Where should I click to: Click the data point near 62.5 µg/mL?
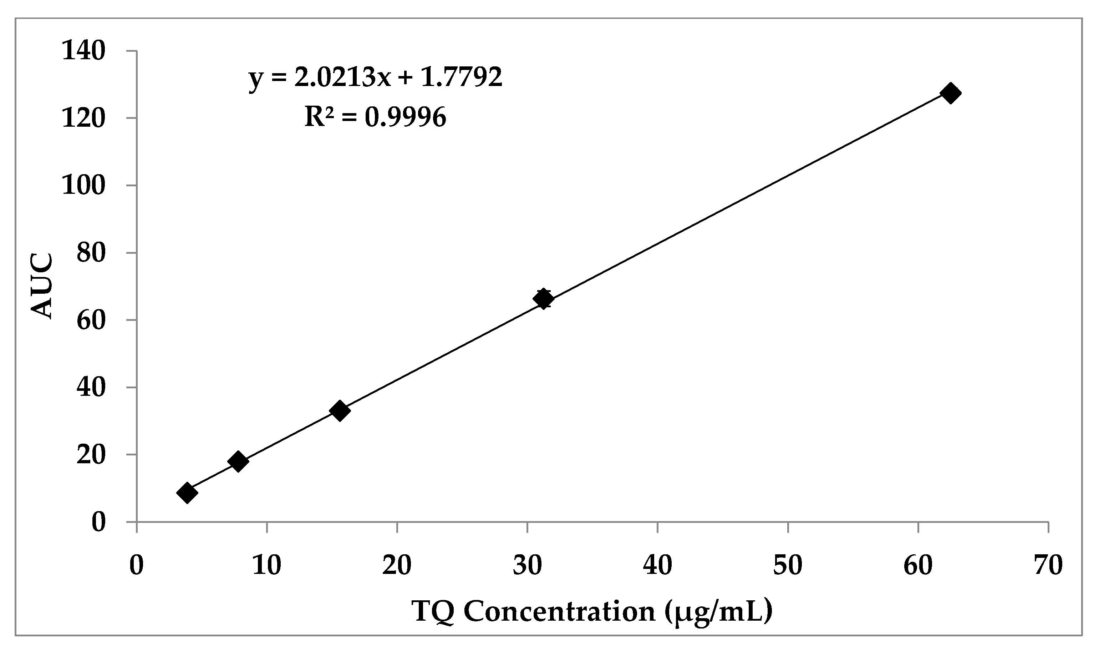coord(950,94)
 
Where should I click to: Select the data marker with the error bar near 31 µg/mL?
coord(543,299)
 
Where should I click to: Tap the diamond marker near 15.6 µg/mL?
coord(339,410)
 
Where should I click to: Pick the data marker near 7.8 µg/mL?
coord(238,461)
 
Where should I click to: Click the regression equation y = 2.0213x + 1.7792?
coord(375,78)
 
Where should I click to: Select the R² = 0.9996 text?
coord(375,117)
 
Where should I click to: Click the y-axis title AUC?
coord(42,286)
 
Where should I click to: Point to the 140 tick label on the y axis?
coord(84,51)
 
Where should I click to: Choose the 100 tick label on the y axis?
coord(84,185)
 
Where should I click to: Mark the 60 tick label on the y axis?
coord(91,320)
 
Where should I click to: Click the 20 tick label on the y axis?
coord(91,455)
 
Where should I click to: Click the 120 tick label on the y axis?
coord(84,118)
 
